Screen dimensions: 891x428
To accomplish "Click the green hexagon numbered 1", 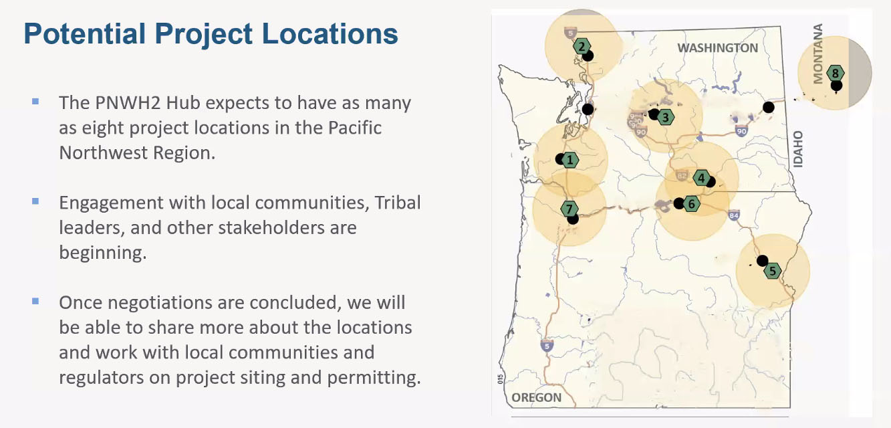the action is pos(570,160).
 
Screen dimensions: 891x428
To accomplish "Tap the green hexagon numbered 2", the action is pos(582,47).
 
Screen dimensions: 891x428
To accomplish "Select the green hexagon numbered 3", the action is pos(666,118).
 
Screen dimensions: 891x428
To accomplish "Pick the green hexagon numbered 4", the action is pos(701,178).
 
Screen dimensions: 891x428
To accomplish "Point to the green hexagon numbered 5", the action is pos(773,271).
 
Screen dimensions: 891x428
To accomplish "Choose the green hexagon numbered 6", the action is pos(691,204).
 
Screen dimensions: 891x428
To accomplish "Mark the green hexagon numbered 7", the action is pos(569,209).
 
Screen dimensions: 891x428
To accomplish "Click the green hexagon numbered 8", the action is pos(835,74).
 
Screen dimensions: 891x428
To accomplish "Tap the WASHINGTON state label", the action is pos(718,47).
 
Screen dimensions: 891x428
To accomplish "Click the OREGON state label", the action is pos(536,397).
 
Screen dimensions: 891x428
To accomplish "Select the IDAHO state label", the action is pos(798,149).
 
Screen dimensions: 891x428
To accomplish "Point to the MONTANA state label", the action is pos(818,53).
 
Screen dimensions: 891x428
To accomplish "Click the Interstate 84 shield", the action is pos(734,215).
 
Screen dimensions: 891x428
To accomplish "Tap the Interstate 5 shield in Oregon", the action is pos(547,346).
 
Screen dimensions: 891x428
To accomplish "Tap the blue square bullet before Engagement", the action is pos(35,201).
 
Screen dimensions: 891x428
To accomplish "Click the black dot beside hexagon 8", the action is pos(836,85).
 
